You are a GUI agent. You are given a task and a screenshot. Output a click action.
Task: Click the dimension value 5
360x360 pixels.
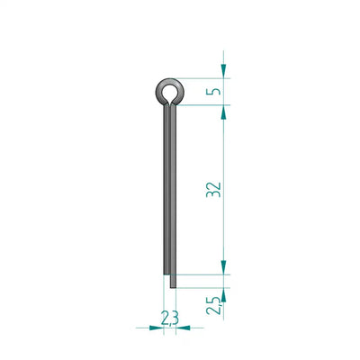[x=214, y=92]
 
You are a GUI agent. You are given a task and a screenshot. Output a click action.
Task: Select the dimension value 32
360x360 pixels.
[x=214, y=190]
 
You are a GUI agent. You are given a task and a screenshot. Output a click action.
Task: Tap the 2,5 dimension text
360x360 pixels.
[x=214, y=305]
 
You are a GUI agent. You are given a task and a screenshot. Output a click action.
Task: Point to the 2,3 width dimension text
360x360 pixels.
[x=170, y=318]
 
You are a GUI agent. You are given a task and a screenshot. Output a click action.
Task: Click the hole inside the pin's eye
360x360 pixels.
[x=169, y=92]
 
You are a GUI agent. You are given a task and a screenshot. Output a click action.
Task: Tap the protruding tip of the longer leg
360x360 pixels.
[x=173, y=287]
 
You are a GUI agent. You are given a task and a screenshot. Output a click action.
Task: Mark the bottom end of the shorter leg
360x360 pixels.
[x=166, y=274]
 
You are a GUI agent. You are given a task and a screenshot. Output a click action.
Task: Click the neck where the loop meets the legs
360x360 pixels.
[x=170, y=104]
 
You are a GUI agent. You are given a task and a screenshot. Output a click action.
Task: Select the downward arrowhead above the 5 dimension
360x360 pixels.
[x=223, y=70]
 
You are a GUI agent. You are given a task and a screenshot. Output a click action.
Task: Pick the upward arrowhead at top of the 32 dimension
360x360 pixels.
[x=223, y=112]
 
